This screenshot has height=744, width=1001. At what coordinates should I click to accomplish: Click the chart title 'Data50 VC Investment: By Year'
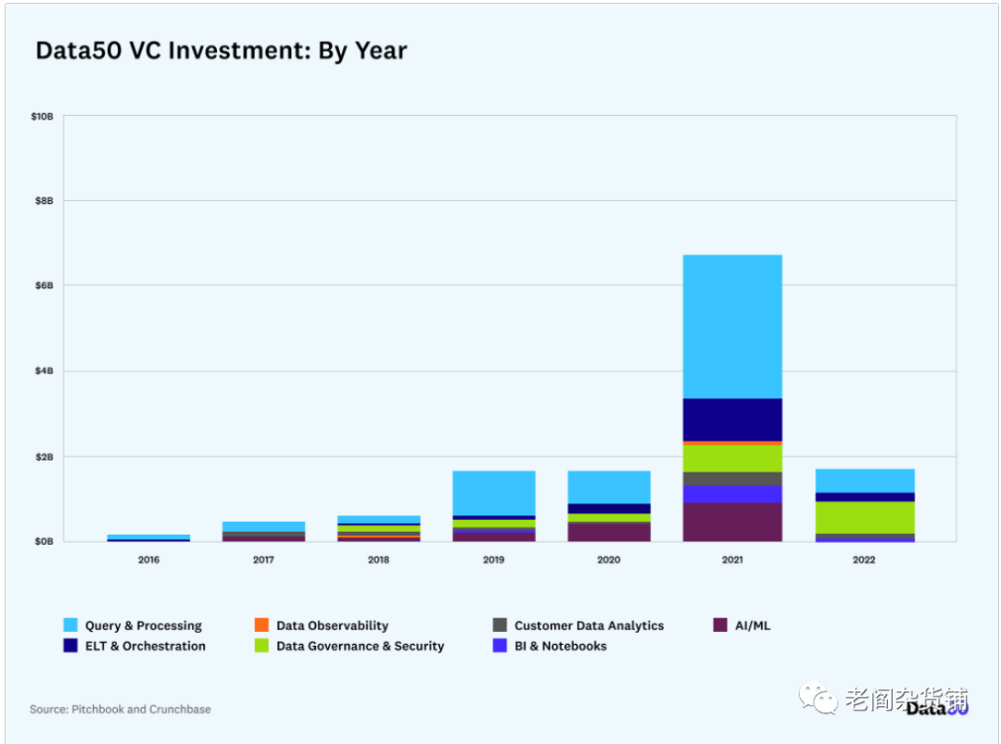coord(221,50)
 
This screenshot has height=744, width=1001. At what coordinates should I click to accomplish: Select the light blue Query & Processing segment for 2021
coord(732,326)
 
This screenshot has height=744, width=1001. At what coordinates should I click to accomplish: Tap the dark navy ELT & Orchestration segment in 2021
coord(732,420)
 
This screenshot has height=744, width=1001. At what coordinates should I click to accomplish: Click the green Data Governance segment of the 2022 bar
coord(865,517)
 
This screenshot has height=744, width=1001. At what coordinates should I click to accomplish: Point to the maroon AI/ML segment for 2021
coord(732,522)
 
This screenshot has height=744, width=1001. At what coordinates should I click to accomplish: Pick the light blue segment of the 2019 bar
coord(494,493)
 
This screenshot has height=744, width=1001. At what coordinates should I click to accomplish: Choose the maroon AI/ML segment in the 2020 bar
coord(609,532)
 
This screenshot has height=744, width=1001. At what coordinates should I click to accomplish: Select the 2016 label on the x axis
coord(148,560)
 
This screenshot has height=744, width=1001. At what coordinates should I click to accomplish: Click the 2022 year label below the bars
coord(865,560)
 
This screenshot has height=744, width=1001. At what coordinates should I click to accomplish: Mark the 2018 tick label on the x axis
coord(378,560)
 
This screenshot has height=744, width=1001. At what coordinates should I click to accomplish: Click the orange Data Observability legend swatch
coord(261,625)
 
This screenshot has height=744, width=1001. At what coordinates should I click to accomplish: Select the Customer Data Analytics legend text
coord(589,625)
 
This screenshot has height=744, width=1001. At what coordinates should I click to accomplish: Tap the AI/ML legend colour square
coord(719,625)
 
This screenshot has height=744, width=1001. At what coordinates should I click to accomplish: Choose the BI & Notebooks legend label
coord(561,646)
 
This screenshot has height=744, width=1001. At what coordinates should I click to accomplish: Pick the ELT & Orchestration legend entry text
coord(145,646)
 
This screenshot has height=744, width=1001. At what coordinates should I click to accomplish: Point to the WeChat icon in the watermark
coord(819,698)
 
